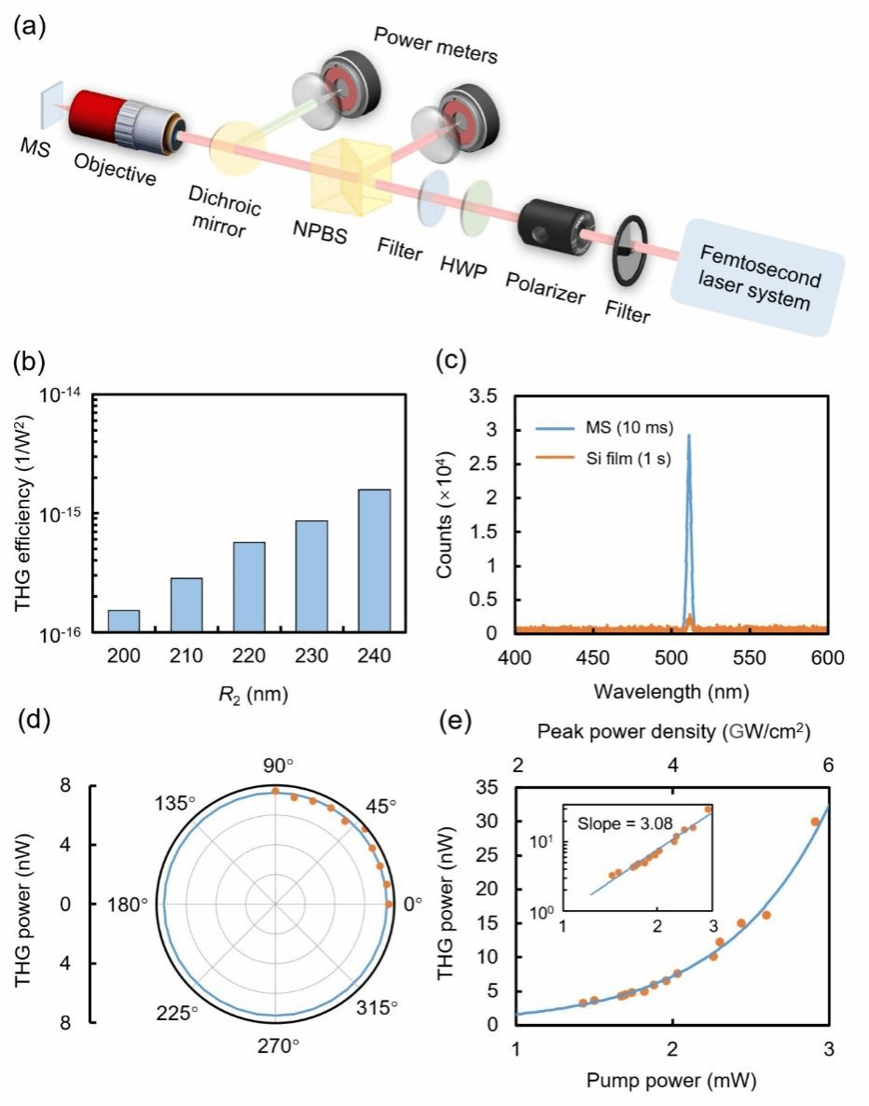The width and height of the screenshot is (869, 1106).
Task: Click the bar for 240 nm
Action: click(x=374, y=560)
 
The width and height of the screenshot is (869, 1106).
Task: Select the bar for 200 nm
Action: click(x=124, y=621)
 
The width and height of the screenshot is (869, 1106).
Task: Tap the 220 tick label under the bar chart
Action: click(x=249, y=655)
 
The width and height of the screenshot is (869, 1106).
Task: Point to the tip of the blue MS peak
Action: click(x=689, y=435)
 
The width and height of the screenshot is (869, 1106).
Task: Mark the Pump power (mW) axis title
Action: click(x=670, y=1081)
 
